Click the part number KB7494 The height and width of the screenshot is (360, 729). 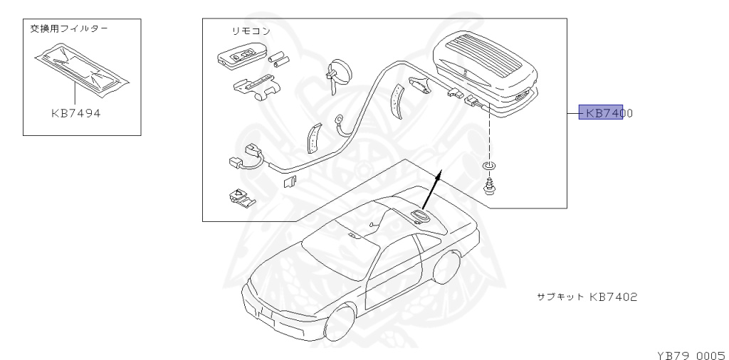(x=75, y=113)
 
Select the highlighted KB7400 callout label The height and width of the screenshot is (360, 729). (x=602, y=113)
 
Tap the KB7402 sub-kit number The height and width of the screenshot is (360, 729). (x=613, y=296)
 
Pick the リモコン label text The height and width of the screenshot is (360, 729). (x=251, y=31)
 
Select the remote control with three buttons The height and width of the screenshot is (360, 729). (x=240, y=56)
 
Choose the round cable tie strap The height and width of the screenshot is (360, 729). (x=337, y=71)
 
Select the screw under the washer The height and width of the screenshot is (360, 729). (x=490, y=186)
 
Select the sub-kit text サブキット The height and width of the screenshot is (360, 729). (x=560, y=296)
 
